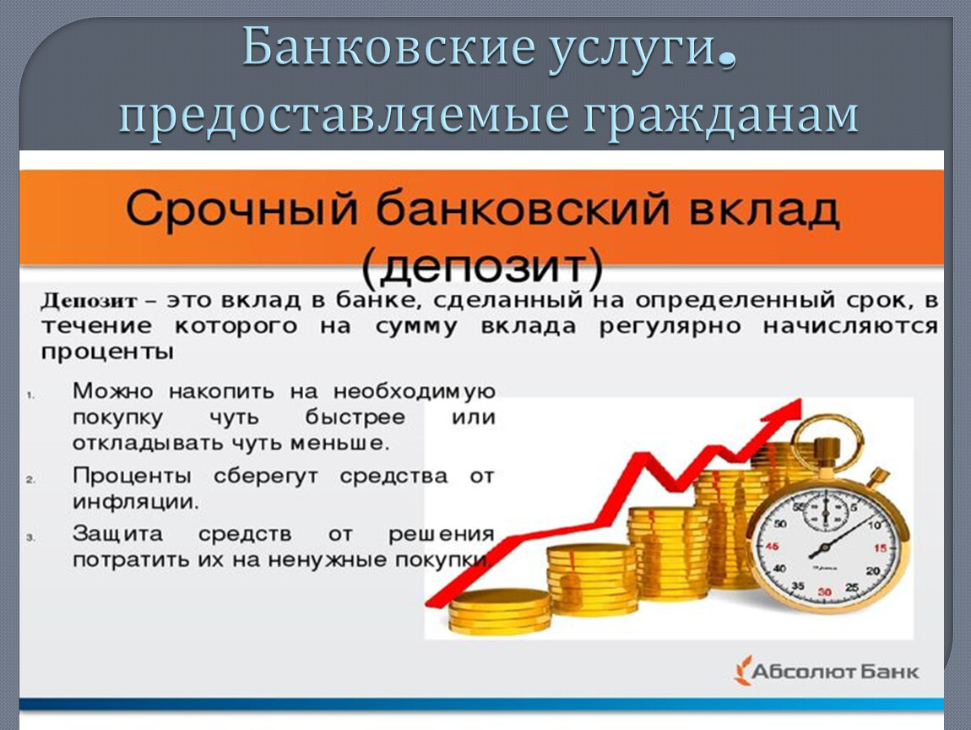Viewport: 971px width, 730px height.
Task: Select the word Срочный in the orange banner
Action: coord(242,210)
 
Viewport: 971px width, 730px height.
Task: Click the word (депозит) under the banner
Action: coord(482,268)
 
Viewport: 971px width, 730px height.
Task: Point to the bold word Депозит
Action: coord(89,301)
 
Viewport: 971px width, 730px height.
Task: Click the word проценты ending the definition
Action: coord(107,352)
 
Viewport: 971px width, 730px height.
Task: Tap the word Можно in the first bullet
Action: coord(112,391)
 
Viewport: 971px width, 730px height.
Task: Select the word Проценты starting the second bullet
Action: coord(132,476)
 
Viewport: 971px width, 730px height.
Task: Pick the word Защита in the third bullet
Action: coord(117,534)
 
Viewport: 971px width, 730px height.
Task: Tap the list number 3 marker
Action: coord(31,538)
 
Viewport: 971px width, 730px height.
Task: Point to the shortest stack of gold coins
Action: coord(499,612)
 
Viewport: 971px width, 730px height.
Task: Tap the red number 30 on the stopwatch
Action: coord(824,591)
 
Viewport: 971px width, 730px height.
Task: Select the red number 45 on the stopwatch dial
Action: coord(772,547)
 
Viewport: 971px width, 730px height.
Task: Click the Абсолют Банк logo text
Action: coord(836,672)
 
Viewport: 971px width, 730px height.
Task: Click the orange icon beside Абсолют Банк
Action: coord(742,671)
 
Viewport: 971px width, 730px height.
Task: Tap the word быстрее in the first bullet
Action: coord(355,417)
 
